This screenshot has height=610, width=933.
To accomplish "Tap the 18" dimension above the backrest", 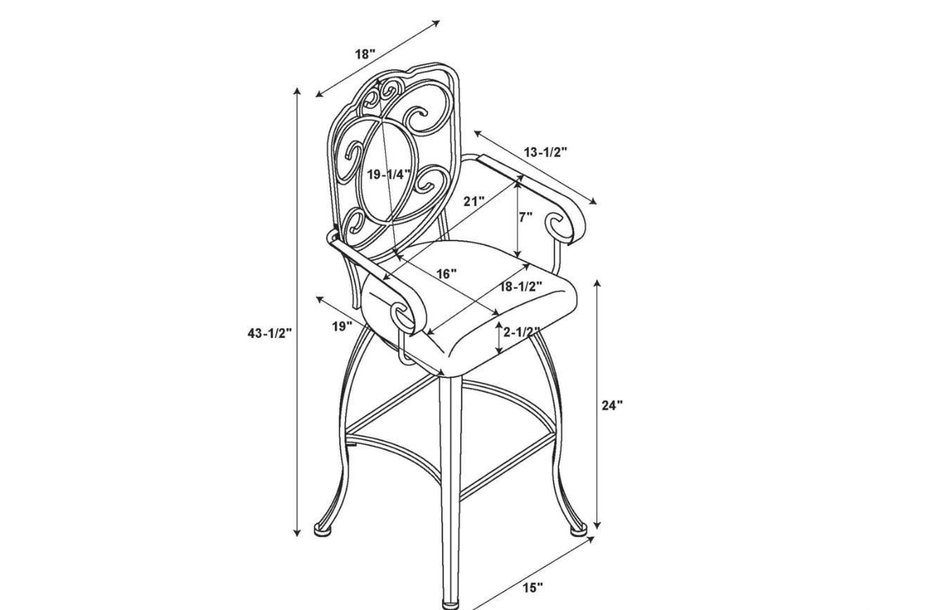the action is click(x=365, y=54).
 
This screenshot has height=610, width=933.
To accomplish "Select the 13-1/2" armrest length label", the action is click(x=546, y=152).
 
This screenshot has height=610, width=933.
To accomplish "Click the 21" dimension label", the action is click(x=474, y=202).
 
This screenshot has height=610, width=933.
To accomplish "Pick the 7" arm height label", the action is click(x=526, y=217).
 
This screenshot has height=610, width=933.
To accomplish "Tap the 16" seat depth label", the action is click(x=447, y=274).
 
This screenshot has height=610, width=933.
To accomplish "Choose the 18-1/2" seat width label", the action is click(x=521, y=286).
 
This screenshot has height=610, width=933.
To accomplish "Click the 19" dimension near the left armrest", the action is click(x=342, y=327).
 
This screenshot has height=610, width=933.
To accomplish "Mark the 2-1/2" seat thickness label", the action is click(x=521, y=332).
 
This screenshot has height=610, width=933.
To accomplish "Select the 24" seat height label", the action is click(x=613, y=405).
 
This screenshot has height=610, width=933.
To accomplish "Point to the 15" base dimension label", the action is click(x=533, y=588).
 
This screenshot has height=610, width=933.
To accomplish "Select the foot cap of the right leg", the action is click(x=578, y=530).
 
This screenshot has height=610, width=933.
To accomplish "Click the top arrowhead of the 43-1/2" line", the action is click(x=297, y=91).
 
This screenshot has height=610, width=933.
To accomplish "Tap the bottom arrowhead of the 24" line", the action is click(x=597, y=524).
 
